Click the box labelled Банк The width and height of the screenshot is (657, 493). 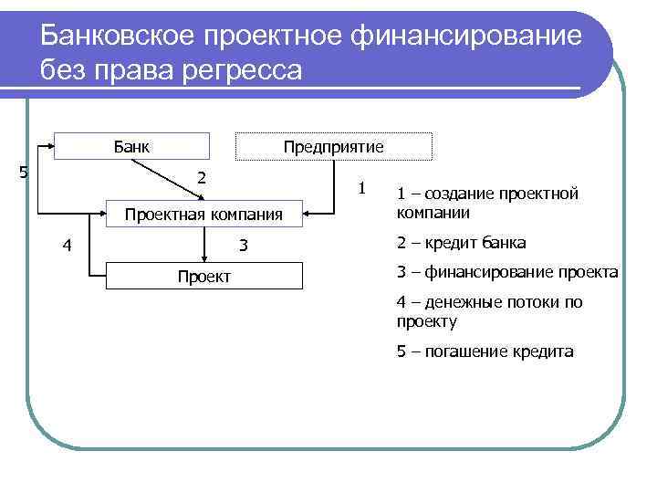pos(132,147)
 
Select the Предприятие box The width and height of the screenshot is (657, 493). pos(333,147)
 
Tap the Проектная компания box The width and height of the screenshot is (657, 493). pos(204,215)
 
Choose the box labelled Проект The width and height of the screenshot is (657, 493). pos(203,276)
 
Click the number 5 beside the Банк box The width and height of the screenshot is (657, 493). pos(24,172)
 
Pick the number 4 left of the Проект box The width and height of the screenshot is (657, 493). pos(68,245)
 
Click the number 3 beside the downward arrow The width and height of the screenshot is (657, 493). pos(244,245)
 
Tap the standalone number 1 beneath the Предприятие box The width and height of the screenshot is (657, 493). pos(362,188)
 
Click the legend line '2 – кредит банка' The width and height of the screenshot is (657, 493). pos(461,243)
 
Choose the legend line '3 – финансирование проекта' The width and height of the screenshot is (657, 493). pos(506,273)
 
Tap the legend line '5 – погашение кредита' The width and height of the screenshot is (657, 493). pos(485,351)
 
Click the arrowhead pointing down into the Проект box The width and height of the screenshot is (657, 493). pos(203,258)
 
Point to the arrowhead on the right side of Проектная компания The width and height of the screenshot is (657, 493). pos(308,215)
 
